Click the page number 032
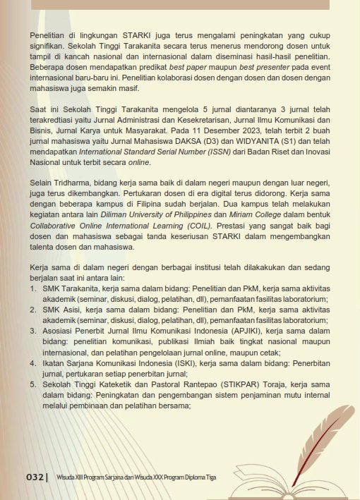point(36,477)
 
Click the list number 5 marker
point(32,385)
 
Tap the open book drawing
point(282,480)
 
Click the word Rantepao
point(189,385)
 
